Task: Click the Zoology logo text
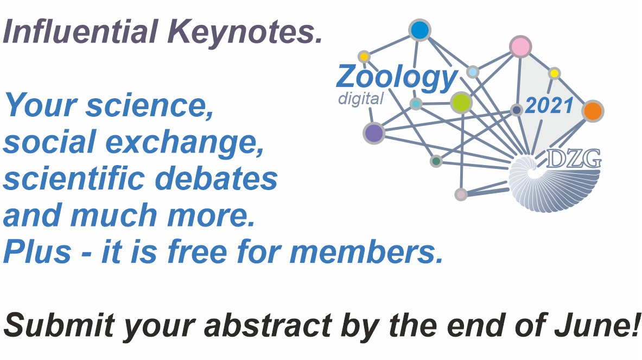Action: pyautogui.click(x=397, y=78)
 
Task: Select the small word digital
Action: pyautogui.click(x=361, y=99)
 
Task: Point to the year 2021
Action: pyautogui.click(x=549, y=106)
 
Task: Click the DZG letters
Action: pyautogui.click(x=573, y=158)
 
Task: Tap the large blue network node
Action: pyautogui.click(x=419, y=30)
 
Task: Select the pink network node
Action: pyautogui.click(x=520, y=47)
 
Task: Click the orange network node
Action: pyautogui.click(x=593, y=111)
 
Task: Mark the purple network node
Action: pyautogui.click(x=374, y=132)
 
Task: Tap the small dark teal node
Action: pyautogui.click(x=436, y=161)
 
